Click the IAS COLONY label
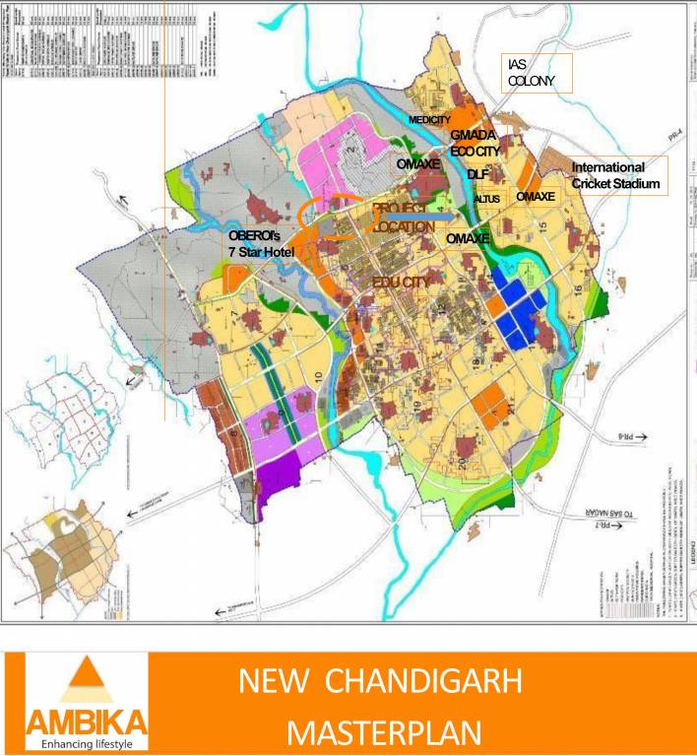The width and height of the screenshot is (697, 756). point(532,73)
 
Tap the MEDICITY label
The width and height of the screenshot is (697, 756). point(429,120)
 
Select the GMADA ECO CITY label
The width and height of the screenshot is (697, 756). point(475,144)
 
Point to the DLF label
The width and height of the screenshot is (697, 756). point(478,174)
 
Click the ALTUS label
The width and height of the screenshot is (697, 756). point(486,199)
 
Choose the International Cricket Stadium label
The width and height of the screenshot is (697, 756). point(615,175)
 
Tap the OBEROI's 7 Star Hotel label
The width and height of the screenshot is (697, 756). point(262,244)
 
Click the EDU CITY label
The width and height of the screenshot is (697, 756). point(404,282)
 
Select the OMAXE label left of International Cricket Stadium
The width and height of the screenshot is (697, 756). point(536,197)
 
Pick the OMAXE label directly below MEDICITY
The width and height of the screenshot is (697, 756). point(417,163)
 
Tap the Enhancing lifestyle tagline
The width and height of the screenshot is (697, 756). point(87,743)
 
